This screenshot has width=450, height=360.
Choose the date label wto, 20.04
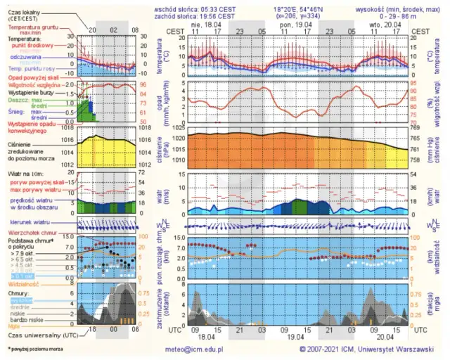[380, 23]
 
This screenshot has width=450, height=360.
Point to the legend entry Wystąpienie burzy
[32, 92]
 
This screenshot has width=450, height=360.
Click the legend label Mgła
[15, 326]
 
